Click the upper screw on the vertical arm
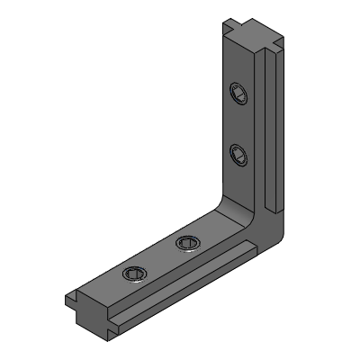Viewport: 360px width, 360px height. pyautogui.click(x=238, y=94)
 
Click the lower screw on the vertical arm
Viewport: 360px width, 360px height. pyautogui.click(x=238, y=154)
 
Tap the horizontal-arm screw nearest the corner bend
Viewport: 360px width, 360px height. pyautogui.click(x=187, y=241)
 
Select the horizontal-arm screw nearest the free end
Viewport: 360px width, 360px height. pyautogui.click(x=133, y=274)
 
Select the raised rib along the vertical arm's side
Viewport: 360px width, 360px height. pyautogui.click(x=270, y=126)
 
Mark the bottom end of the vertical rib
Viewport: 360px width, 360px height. pyautogui.click(x=270, y=202)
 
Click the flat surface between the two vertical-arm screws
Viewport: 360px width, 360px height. pyautogui.click(x=238, y=124)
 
